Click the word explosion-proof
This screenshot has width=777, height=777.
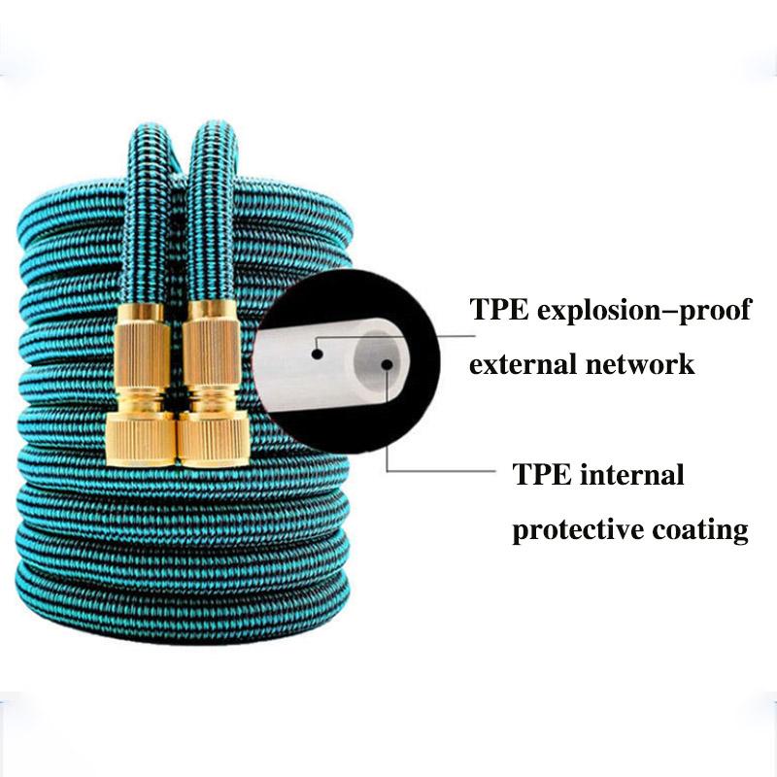[647, 311]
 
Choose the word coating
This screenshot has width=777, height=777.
[703, 531]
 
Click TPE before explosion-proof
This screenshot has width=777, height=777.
[498, 310]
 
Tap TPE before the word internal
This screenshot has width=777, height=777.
[540, 475]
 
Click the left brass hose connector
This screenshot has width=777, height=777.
[143, 384]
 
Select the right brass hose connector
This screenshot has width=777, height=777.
[209, 384]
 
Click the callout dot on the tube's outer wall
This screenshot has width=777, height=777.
[317, 354]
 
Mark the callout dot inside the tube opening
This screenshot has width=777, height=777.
[387, 365]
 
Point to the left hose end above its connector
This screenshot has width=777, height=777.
[149, 214]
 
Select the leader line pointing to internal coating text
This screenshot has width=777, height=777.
[437, 469]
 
